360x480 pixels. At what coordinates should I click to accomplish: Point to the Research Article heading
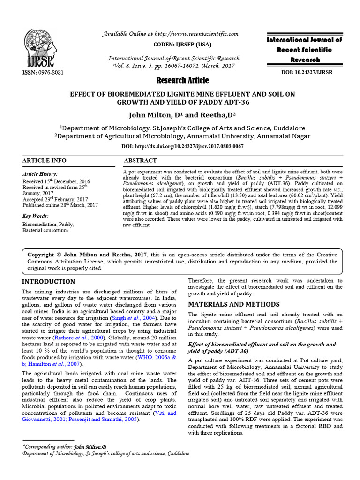(x=182, y=81)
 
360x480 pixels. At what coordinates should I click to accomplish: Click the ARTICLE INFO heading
(x=45, y=160)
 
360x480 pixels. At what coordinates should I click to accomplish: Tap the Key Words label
(x=36, y=216)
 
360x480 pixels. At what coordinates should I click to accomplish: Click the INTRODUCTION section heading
(x=49, y=282)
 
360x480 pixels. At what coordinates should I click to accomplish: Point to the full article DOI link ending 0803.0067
(x=182, y=146)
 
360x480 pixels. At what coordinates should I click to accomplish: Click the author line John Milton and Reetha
(x=182, y=114)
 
